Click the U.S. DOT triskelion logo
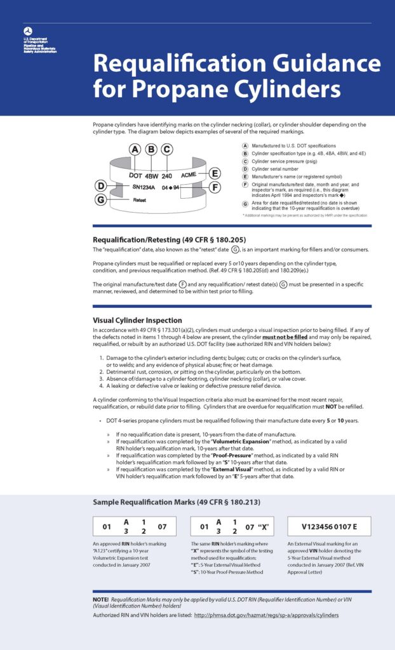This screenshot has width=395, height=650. point(27,30)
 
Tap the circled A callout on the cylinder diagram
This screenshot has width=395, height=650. point(135,150)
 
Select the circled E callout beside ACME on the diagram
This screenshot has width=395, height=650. point(215,173)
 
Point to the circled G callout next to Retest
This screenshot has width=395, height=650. point(100,199)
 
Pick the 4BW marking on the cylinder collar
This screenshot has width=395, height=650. point(151,175)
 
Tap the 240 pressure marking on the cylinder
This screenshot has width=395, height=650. point(167,175)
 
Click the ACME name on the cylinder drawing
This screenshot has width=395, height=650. point(189,174)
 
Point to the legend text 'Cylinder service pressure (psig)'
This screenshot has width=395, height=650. point(285,161)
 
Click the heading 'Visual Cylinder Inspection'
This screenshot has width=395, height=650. point(137,320)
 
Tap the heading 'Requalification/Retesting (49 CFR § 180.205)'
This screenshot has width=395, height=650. point(169,239)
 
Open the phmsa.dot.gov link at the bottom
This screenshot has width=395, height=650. point(266,615)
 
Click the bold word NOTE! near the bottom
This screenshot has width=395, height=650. point(101,600)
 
